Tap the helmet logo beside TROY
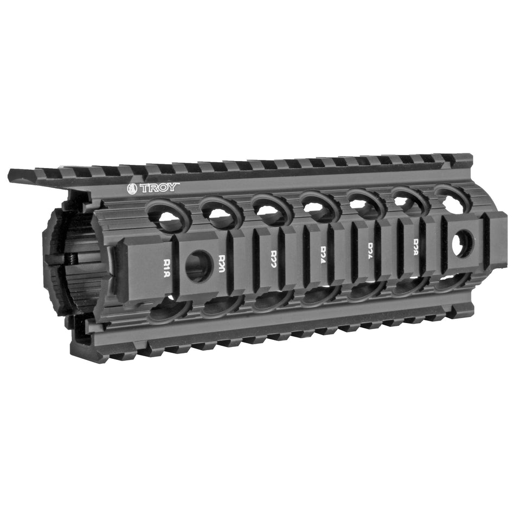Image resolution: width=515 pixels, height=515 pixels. click(x=132, y=189)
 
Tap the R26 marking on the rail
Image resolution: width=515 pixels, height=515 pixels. click(x=373, y=248)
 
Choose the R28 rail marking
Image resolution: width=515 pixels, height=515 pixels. click(x=418, y=244)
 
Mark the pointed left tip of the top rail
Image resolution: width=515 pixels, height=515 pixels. click(x=11, y=175)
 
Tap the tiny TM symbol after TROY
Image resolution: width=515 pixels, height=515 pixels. click(x=178, y=184)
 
